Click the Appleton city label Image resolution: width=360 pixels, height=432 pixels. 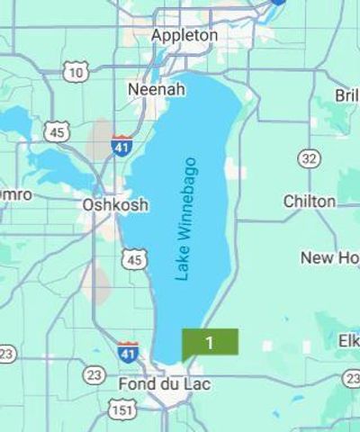tap(184, 35)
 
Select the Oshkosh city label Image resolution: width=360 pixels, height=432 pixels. tap(115, 204)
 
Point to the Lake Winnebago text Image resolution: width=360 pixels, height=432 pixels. tap(186, 219)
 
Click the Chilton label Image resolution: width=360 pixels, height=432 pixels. tap(310, 201)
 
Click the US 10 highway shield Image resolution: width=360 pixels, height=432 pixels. tap(76, 71)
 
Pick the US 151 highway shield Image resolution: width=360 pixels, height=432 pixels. tap(122, 410)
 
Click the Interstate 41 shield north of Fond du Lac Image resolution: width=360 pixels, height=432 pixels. tap(128, 350)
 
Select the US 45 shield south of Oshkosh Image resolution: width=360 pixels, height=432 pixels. tap(134, 259)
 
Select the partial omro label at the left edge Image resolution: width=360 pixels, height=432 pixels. tap(15, 194)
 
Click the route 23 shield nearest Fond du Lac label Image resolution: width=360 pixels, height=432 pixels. tap(94, 374)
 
